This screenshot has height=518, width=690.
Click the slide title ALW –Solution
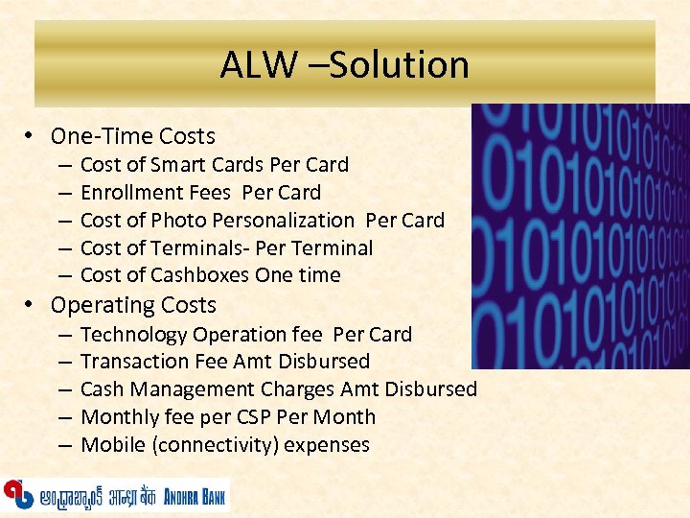(344, 65)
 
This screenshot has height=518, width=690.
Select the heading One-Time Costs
(132, 136)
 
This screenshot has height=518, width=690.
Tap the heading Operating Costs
(133, 305)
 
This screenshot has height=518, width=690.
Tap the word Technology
(133, 335)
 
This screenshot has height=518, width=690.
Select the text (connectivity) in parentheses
(206, 445)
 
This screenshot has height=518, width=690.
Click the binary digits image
(580, 235)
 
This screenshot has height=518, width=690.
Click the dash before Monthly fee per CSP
(62, 417)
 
